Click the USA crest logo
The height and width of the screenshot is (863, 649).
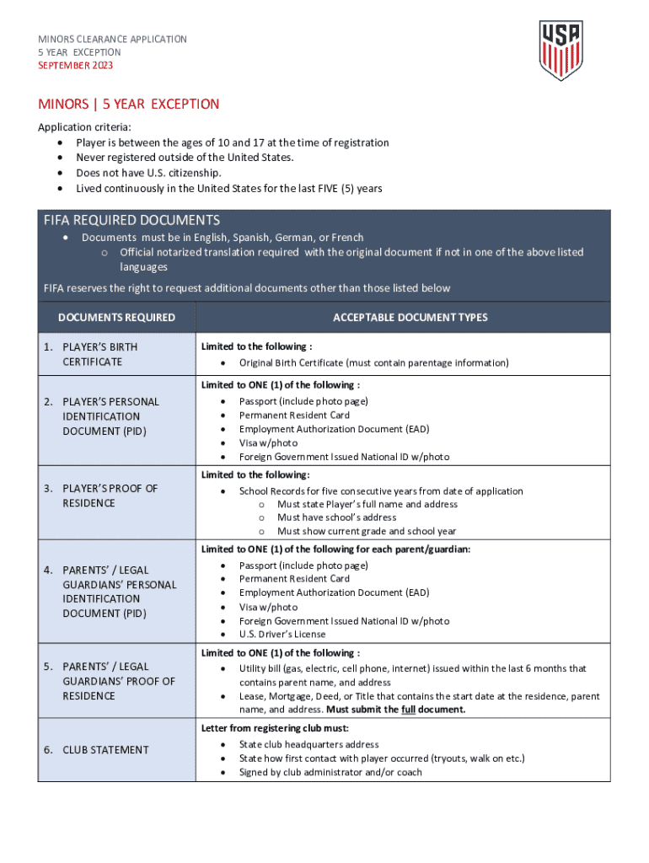(x=560, y=50)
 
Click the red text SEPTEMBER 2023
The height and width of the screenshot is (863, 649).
(x=75, y=66)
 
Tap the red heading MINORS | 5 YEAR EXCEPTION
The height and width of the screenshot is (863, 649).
(x=128, y=105)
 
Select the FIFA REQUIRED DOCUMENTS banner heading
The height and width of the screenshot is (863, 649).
(x=131, y=221)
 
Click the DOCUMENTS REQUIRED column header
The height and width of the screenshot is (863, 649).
(x=116, y=318)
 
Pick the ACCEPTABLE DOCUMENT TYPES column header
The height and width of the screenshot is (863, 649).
(x=410, y=318)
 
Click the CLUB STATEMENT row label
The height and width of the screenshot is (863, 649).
(x=105, y=750)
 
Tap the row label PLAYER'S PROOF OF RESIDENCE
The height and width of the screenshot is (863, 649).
(x=110, y=496)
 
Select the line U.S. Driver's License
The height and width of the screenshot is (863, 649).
(x=282, y=635)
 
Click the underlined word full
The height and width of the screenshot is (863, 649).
(x=408, y=710)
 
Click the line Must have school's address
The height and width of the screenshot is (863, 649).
(x=336, y=517)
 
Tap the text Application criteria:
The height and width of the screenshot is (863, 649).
(x=84, y=127)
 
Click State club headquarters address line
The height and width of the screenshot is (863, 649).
(x=308, y=745)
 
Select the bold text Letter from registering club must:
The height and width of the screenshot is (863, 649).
(x=275, y=728)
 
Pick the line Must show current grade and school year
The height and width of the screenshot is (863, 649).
(x=367, y=532)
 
